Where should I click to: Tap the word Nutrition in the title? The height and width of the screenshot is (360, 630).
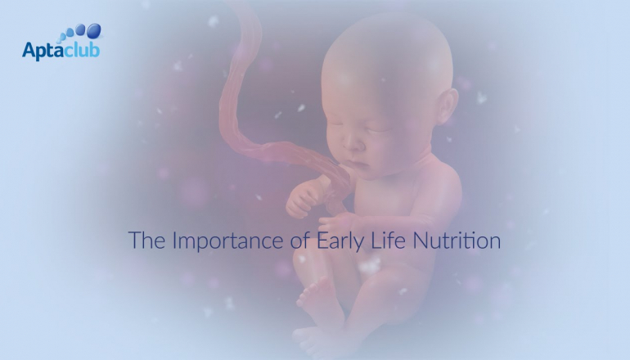click(457, 241)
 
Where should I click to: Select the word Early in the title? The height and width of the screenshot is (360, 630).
click(340, 241)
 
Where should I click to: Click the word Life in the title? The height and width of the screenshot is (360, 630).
click(388, 240)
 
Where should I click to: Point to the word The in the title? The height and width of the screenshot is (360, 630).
click(146, 240)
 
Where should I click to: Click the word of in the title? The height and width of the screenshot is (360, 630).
click(299, 240)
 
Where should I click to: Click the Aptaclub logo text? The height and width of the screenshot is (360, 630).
click(61, 51)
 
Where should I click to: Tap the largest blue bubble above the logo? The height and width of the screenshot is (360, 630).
click(93, 30)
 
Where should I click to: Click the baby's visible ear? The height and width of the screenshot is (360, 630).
click(447, 106)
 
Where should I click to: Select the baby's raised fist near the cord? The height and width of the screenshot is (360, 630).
click(302, 198)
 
